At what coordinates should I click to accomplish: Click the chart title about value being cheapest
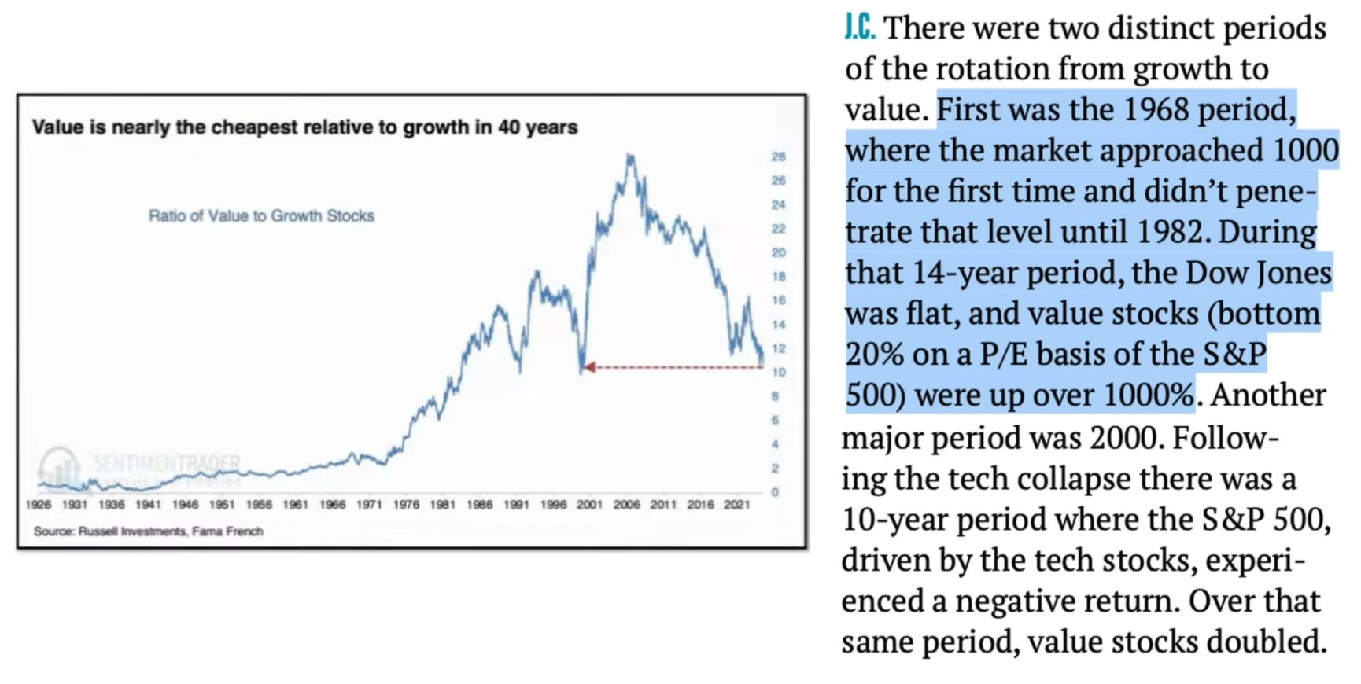(x=304, y=127)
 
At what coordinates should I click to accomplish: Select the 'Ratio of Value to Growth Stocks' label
(x=261, y=215)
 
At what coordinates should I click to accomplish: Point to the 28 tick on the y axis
(x=778, y=156)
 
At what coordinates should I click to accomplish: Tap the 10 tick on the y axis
(x=778, y=372)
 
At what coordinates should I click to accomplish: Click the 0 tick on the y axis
(x=775, y=492)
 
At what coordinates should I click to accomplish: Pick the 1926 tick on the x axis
(x=38, y=505)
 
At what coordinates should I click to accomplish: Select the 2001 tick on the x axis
(x=589, y=505)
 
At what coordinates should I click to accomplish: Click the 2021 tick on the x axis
(x=736, y=505)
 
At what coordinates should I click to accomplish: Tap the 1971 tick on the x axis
(x=369, y=505)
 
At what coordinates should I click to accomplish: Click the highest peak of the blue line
(x=629, y=156)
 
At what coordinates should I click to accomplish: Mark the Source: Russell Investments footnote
(x=148, y=531)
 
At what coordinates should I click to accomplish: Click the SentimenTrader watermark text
(x=166, y=462)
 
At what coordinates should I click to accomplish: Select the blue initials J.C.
(x=860, y=28)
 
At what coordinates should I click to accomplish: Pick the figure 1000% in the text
(x=1149, y=395)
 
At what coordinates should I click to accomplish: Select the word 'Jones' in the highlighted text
(x=1294, y=273)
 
